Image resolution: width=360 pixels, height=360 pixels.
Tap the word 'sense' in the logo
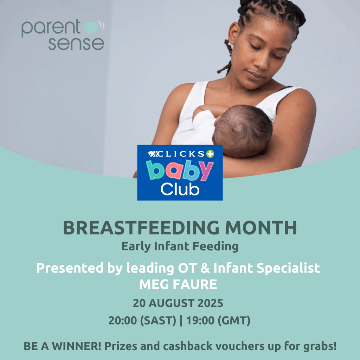point(76,44)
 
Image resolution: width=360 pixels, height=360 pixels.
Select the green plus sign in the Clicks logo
point(210,154)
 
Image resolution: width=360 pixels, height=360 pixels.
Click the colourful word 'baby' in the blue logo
point(180,171)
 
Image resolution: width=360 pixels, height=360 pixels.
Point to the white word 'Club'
point(180,189)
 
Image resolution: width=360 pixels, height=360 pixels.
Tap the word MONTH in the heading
point(261,228)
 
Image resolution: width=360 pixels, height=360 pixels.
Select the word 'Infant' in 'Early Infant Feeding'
point(172,246)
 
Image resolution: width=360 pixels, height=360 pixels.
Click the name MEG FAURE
point(178,284)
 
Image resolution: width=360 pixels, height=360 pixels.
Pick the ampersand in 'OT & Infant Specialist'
point(205,268)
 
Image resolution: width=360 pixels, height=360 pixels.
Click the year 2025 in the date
point(210,303)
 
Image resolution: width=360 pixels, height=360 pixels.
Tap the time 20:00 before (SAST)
point(123,321)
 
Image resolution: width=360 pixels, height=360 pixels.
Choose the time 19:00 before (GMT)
point(200,321)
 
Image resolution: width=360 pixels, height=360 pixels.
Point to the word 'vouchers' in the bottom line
point(240,346)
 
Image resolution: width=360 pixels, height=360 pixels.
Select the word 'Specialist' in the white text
point(288,268)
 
